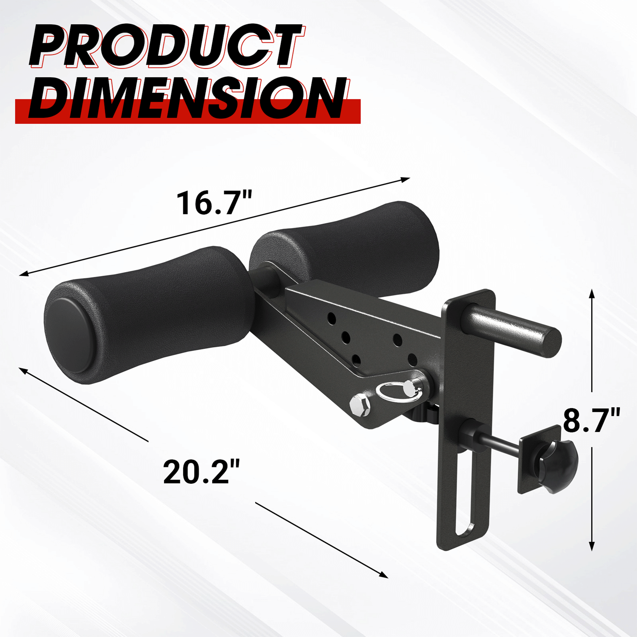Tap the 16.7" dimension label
215,203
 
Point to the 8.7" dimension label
591,420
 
